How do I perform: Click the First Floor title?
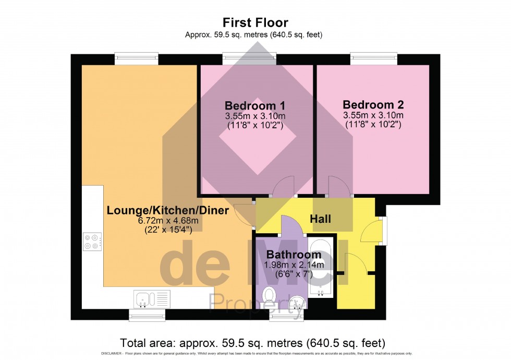[x=256, y=22]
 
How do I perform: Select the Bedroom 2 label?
[x=373, y=104]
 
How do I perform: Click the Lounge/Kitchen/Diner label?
[x=168, y=211]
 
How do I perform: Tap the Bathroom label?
[x=294, y=255]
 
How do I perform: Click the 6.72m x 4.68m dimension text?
[x=168, y=221]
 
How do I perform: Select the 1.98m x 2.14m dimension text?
[x=294, y=265]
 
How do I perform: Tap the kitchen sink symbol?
[x=144, y=298]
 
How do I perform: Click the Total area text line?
[x=253, y=343]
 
